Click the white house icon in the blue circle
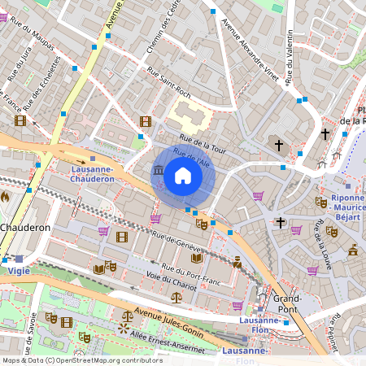coord(183,175)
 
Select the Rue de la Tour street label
coord(202,143)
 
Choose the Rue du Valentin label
coord(290,57)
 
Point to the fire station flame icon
coord(5,196)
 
